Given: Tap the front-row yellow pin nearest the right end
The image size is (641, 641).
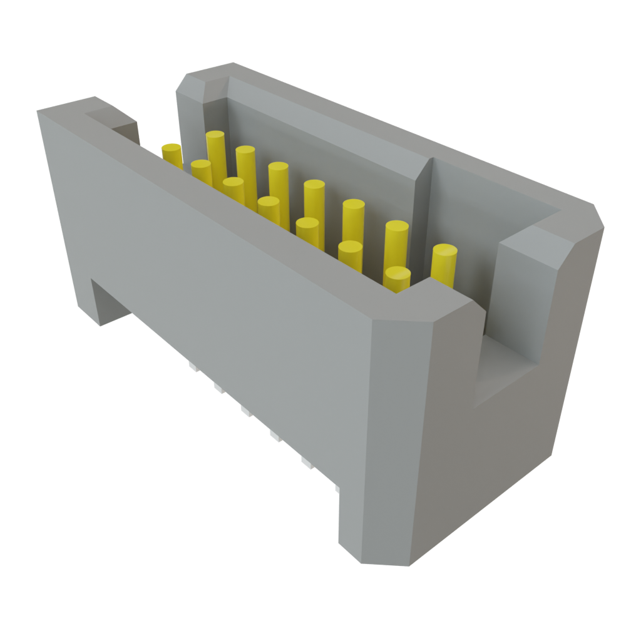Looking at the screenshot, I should point(397,279).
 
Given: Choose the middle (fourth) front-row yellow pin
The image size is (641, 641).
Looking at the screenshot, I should point(269,210).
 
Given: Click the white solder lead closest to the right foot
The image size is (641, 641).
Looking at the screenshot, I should point(336,487).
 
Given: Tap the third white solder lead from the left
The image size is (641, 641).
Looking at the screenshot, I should point(244,411).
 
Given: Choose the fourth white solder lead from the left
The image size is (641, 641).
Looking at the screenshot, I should point(274,434).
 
